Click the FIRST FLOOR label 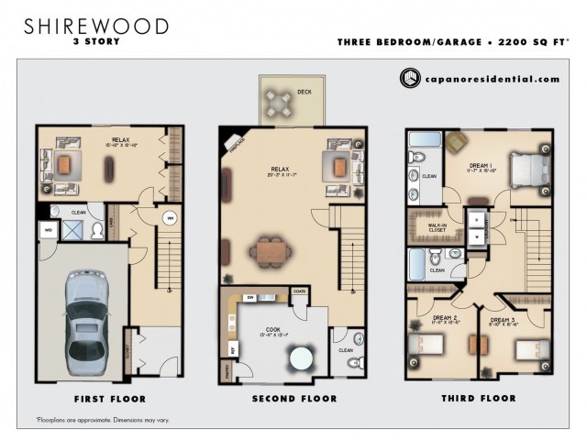tap(109, 399)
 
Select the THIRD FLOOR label tap(479, 399)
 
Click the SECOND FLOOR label tap(293, 399)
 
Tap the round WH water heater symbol tap(169, 218)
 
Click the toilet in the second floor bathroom tap(353, 363)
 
